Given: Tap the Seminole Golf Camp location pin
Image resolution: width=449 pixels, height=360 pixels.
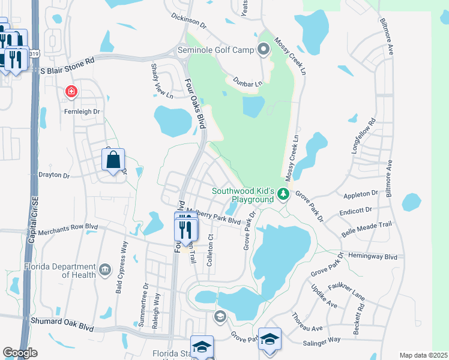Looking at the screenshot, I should click(x=263, y=49).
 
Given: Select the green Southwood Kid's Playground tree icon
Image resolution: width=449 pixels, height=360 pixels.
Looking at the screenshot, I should click(x=284, y=194).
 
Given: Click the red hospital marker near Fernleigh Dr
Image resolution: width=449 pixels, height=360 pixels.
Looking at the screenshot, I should click(x=71, y=92).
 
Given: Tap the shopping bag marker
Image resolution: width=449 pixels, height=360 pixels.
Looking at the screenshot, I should click(x=113, y=160).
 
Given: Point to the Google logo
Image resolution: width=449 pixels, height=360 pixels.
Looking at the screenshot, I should click(x=20, y=353).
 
